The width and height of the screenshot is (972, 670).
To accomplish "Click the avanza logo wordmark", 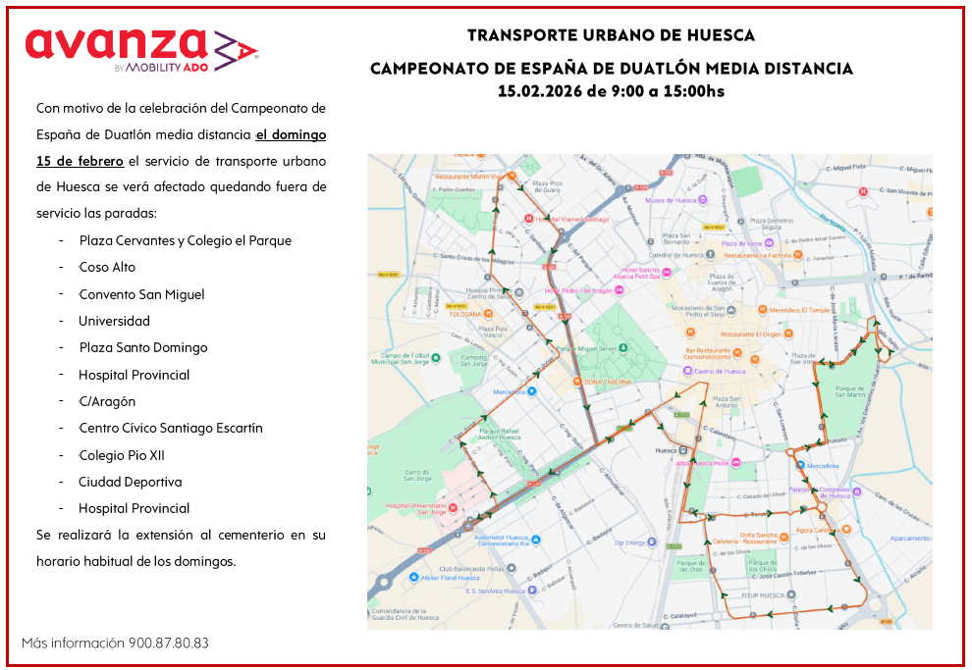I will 116,44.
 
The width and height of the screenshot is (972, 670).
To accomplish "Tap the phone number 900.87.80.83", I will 168,644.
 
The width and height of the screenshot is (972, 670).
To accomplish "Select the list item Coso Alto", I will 107,267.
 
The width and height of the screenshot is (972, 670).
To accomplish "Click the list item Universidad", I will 114,321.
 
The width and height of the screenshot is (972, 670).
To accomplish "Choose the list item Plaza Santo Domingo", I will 143,347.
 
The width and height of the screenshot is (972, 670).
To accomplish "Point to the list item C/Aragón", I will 107,401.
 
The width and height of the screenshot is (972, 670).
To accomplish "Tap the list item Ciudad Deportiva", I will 130,482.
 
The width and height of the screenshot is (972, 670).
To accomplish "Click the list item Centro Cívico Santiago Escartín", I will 171,428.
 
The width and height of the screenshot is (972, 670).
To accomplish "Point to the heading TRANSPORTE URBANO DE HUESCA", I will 611,35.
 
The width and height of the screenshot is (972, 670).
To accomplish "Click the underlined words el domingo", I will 291,133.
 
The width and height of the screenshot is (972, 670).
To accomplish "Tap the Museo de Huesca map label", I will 671,200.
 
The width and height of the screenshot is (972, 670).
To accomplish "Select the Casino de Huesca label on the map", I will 720,372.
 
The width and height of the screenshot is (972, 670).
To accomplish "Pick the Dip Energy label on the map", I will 630,542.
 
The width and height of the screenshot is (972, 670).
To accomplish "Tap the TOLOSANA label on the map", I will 464,314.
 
